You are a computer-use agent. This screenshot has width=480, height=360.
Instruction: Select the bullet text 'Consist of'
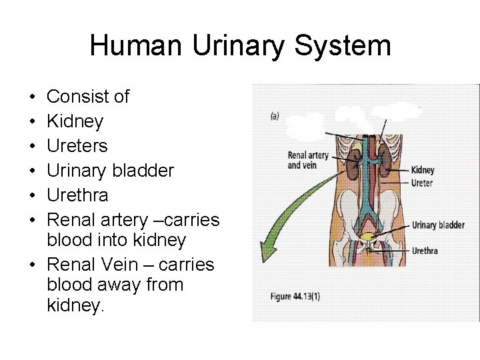(x=88, y=97)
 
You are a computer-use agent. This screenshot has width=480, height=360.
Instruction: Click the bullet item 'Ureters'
(x=77, y=146)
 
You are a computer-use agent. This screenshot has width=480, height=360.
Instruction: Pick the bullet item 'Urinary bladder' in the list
(x=110, y=171)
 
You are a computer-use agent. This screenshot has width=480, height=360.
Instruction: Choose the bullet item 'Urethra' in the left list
(x=77, y=195)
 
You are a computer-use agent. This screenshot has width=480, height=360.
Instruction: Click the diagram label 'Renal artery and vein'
(x=308, y=161)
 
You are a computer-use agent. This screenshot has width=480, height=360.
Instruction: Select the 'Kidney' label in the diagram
(x=423, y=171)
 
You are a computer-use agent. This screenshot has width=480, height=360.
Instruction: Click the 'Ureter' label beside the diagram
(x=422, y=183)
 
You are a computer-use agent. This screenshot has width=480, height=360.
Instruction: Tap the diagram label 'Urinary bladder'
(x=438, y=225)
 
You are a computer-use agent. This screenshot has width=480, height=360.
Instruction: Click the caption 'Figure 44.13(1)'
(x=294, y=297)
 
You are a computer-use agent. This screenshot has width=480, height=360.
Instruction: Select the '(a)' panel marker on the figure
(x=274, y=116)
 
